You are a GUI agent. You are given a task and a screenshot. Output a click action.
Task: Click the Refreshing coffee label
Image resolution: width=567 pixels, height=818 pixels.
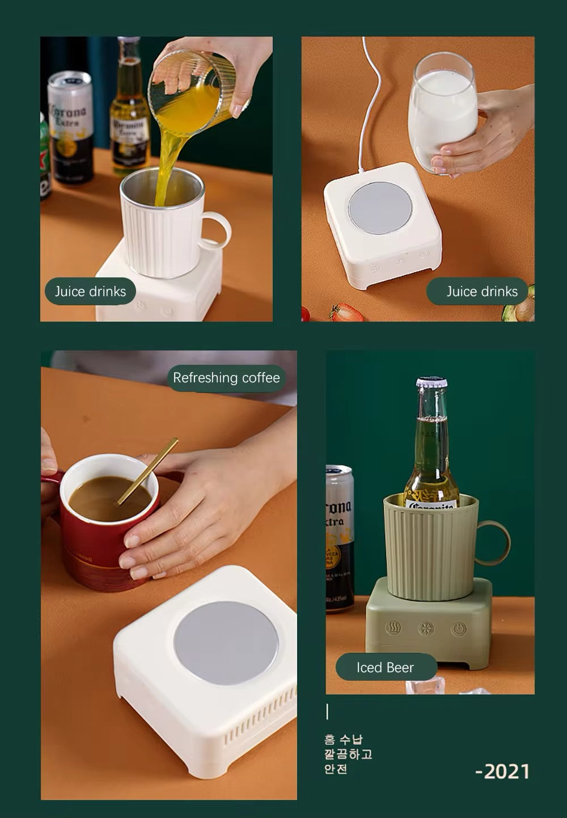pos(226,378)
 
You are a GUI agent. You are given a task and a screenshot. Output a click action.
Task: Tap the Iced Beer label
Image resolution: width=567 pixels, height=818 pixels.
pos(386,668)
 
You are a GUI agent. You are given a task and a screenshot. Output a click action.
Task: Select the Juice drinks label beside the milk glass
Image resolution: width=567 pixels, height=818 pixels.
pos(481,292)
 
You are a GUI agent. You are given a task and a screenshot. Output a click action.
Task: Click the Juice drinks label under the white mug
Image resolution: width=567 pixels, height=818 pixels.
pos(91,292)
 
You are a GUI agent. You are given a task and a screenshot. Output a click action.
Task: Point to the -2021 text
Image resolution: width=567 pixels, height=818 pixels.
pos(502,771)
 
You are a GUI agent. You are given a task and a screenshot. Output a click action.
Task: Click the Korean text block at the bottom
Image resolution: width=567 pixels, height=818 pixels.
pos(348,754)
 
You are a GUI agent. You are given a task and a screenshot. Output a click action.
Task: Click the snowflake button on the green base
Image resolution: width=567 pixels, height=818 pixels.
pos(425,629)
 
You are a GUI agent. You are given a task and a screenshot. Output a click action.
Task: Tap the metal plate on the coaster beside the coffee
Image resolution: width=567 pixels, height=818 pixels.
pos(225,642)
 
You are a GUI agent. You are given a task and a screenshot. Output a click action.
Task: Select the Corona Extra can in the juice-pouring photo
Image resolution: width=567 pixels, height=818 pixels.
pos(70,128)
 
